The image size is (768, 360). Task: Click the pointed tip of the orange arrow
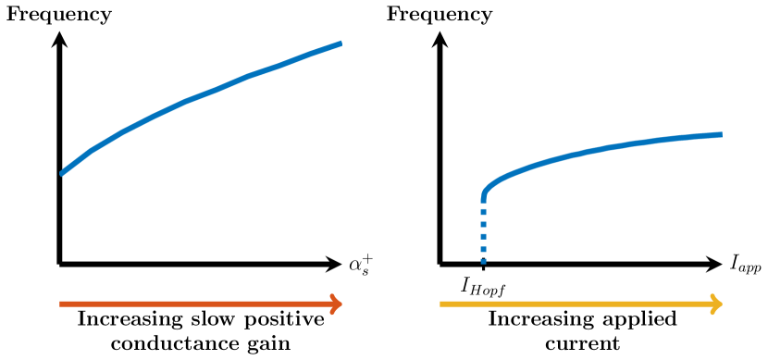click(x=342, y=304)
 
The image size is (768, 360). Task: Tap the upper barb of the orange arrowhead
click(x=333, y=295)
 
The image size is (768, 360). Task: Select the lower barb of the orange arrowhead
click(x=333, y=313)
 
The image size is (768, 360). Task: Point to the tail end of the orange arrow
click(x=60, y=304)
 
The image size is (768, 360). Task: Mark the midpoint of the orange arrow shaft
click(x=201, y=304)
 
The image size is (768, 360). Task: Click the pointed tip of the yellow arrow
click(x=722, y=304)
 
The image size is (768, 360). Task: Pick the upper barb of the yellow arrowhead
click(x=712, y=295)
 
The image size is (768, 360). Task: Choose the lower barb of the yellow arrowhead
click(x=712, y=313)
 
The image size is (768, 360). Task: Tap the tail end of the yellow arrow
click(x=440, y=304)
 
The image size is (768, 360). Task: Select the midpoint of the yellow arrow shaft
click(x=581, y=304)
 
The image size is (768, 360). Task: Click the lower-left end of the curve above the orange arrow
click(x=62, y=173)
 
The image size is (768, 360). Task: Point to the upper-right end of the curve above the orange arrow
click(x=341, y=43)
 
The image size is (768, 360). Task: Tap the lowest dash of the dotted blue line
click(x=483, y=260)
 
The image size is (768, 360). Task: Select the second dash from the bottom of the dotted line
click(x=483, y=247)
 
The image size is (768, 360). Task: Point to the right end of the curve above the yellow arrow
click(x=721, y=134)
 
